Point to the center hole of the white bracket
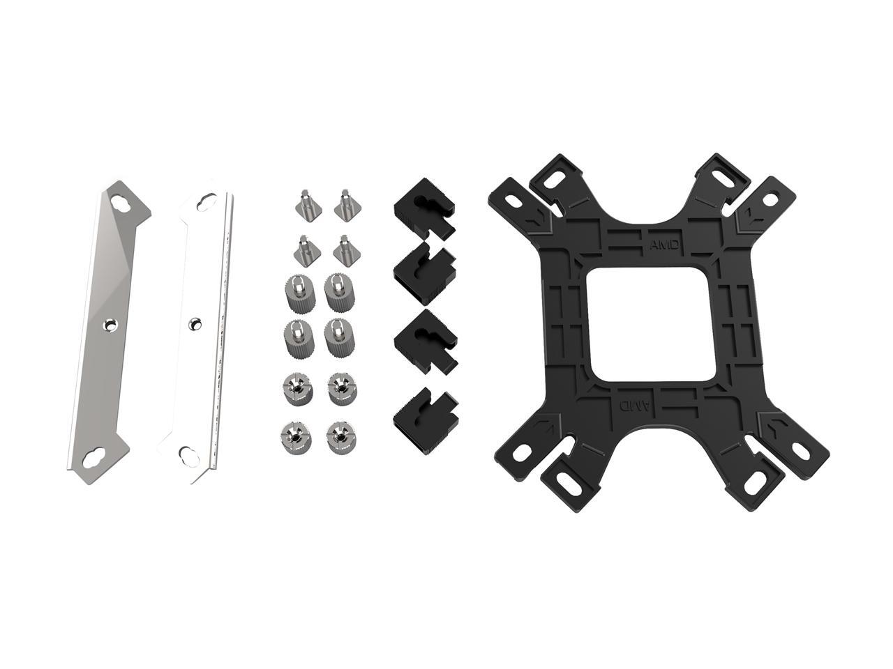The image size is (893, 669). point(195,323)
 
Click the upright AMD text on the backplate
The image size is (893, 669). point(663,245)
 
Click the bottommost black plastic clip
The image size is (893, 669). point(423,411)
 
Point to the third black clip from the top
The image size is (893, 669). point(425,338)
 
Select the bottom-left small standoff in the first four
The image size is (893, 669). point(303,249)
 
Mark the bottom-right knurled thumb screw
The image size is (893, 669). point(338,338)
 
